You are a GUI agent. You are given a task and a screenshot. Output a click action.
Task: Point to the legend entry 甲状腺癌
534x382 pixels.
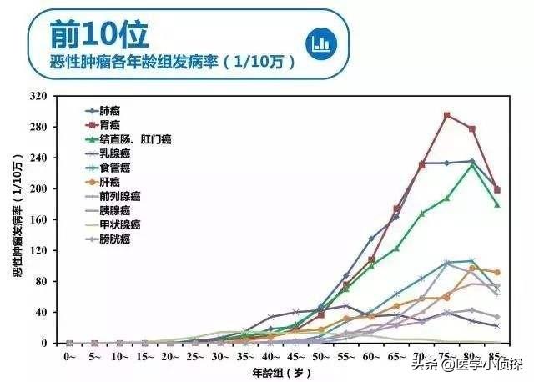point(119,225)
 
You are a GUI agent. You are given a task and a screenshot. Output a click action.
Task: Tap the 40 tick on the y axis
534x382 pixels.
point(43,312)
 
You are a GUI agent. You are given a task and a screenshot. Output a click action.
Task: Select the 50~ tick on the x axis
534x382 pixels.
point(320,355)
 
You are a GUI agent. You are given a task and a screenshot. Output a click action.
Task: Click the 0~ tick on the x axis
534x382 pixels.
point(69,355)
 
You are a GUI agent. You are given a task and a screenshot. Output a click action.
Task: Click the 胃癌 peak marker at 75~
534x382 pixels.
point(446,115)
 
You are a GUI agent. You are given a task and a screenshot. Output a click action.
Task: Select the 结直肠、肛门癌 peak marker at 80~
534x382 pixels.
point(472,165)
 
